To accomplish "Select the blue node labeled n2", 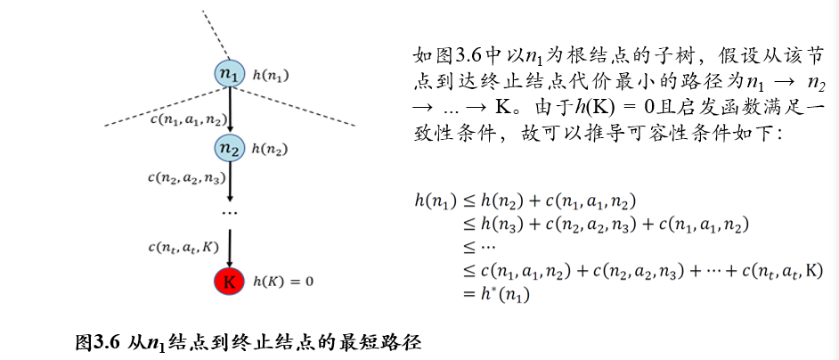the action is [230, 149].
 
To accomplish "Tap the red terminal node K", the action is [229, 282].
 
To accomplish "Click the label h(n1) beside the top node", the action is [272, 76].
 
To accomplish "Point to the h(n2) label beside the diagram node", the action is [271, 149].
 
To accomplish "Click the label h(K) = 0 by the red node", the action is [284, 282].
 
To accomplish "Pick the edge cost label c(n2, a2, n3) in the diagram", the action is [186, 176].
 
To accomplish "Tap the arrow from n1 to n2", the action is [230, 111].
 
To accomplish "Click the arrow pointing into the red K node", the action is [230, 247].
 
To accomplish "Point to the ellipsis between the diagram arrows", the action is [230, 214].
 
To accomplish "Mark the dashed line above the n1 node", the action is [214, 32].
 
